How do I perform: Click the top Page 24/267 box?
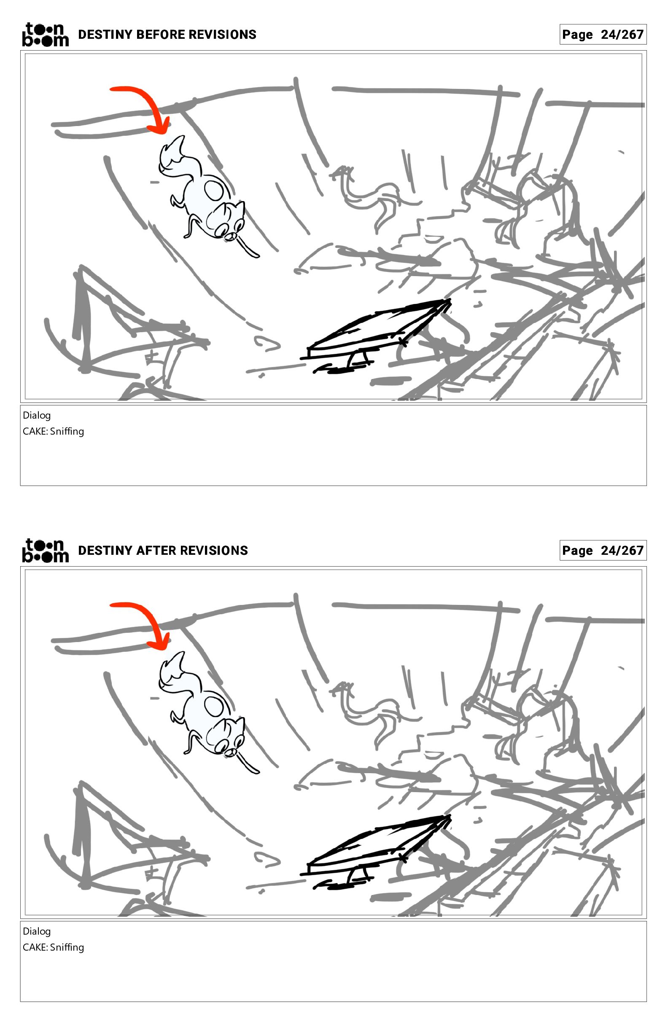pyautogui.click(x=603, y=34)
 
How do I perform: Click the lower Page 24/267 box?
pyautogui.click(x=603, y=550)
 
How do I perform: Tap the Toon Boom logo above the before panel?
pyautogui.click(x=46, y=34)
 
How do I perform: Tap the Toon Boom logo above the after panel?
pyautogui.click(x=46, y=550)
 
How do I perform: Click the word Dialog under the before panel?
pyautogui.click(x=37, y=415)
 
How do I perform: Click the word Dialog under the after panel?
pyautogui.click(x=37, y=931)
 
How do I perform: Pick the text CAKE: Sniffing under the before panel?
pyautogui.click(x=54, y=431)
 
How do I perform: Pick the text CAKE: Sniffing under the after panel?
pyautogui.click(x=54, y=947)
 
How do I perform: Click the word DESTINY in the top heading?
pyautogui.click(x=105, y=35)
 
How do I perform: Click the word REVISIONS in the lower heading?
pyautogui.click(x=214, y=551)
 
